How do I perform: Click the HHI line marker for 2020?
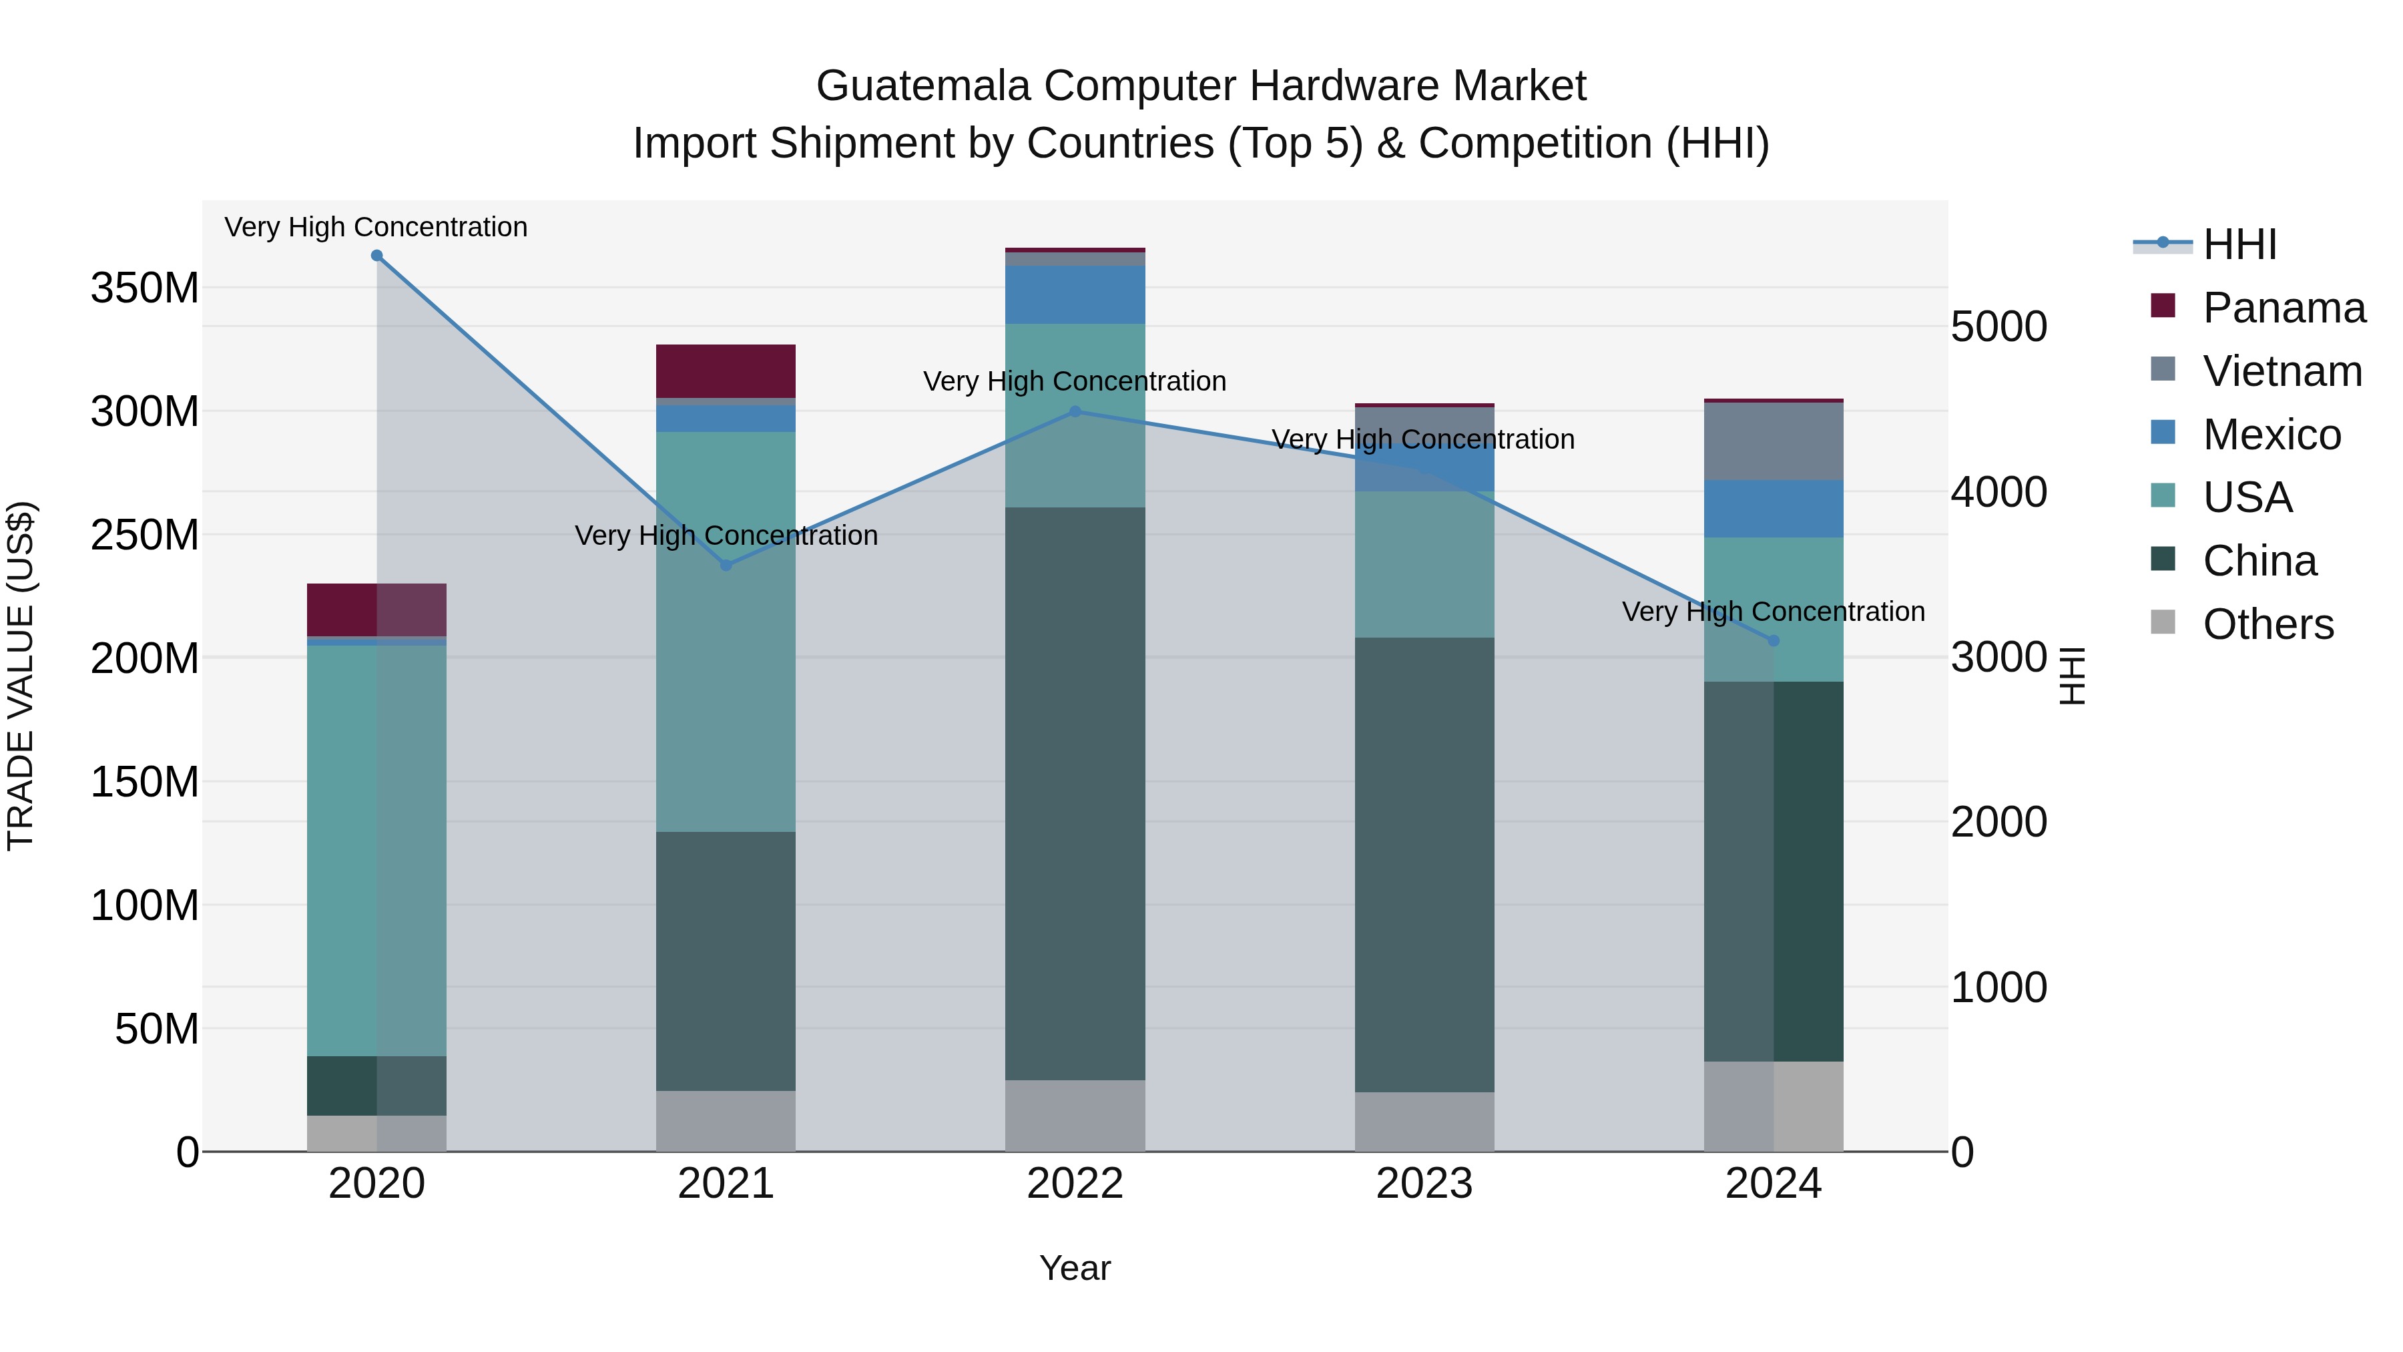point(377,256)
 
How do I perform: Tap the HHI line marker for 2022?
point(1075,411)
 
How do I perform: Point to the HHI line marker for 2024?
point(1774,641)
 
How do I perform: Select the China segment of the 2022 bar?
point(1075,793)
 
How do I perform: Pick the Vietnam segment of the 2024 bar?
point(1774,441)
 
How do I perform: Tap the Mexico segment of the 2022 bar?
point(1075,295)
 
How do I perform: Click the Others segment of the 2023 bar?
point(1424,1122)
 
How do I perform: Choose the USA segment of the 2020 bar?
point(377,849)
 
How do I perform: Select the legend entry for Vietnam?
point(2281,371)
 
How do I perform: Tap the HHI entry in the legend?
point(2239,244)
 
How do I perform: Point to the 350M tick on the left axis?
point(145,288)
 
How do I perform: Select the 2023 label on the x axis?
point(1424,1184)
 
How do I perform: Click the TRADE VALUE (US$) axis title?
point(21,676)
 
